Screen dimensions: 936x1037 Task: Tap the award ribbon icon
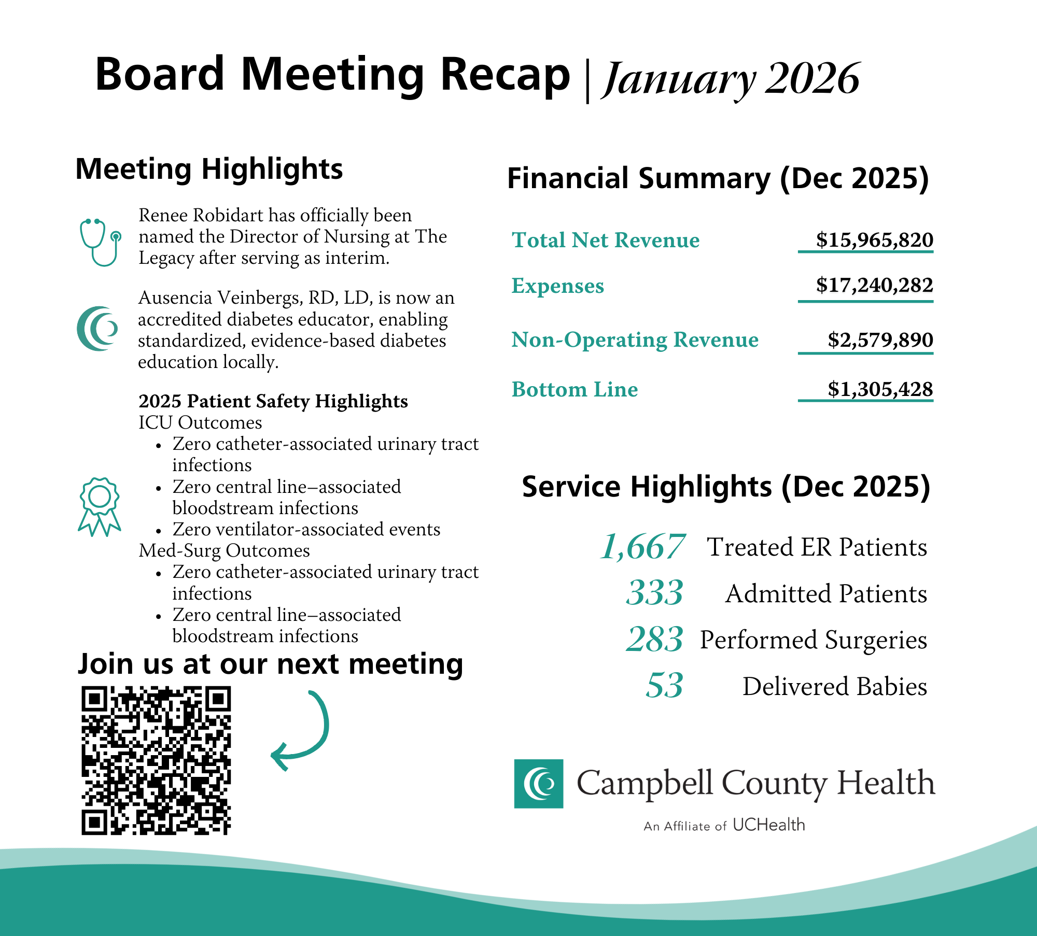[100, 506]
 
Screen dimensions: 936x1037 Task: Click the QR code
[156, 760]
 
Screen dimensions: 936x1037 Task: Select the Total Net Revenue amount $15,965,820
[874, 240]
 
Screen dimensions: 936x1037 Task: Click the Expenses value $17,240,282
[874, 285]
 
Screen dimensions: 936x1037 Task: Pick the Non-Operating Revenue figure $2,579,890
[880, 340]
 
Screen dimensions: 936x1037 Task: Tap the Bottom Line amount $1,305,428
[880, 389]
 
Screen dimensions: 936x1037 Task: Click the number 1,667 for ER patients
[643, 547]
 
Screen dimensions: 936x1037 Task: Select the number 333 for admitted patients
[655, 592]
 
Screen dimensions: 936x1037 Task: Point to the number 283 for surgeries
[655, 639]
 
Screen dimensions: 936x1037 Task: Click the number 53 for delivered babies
[665, 685]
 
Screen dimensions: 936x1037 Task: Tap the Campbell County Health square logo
[539, 784]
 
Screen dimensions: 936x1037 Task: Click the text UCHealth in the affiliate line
[768, 825]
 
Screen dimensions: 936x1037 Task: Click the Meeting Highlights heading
[209, 169]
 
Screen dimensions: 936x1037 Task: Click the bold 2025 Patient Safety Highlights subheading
[273, 401]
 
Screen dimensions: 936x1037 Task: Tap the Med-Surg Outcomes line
[224, 550]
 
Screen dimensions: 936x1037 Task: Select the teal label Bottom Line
[574, 390]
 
